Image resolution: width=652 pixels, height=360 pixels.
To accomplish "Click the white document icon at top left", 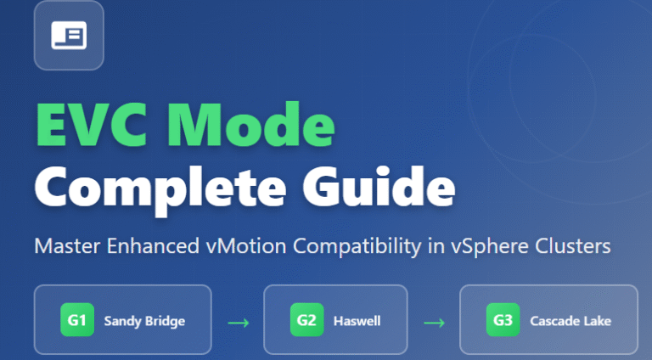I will pos(68,35).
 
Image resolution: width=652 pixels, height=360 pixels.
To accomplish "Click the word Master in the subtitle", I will pos(63,248).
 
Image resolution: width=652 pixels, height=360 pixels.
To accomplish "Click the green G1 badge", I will pos(76,321).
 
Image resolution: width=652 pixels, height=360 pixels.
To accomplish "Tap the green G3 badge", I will pos(503,321).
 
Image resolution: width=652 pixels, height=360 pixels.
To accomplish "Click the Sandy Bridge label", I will pos(143,321).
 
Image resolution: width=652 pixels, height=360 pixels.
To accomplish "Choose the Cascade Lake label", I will pos(570,321).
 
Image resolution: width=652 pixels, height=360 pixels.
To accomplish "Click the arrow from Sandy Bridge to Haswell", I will pos(238,322).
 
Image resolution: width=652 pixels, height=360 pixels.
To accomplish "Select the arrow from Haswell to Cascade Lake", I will pos(435,322).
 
